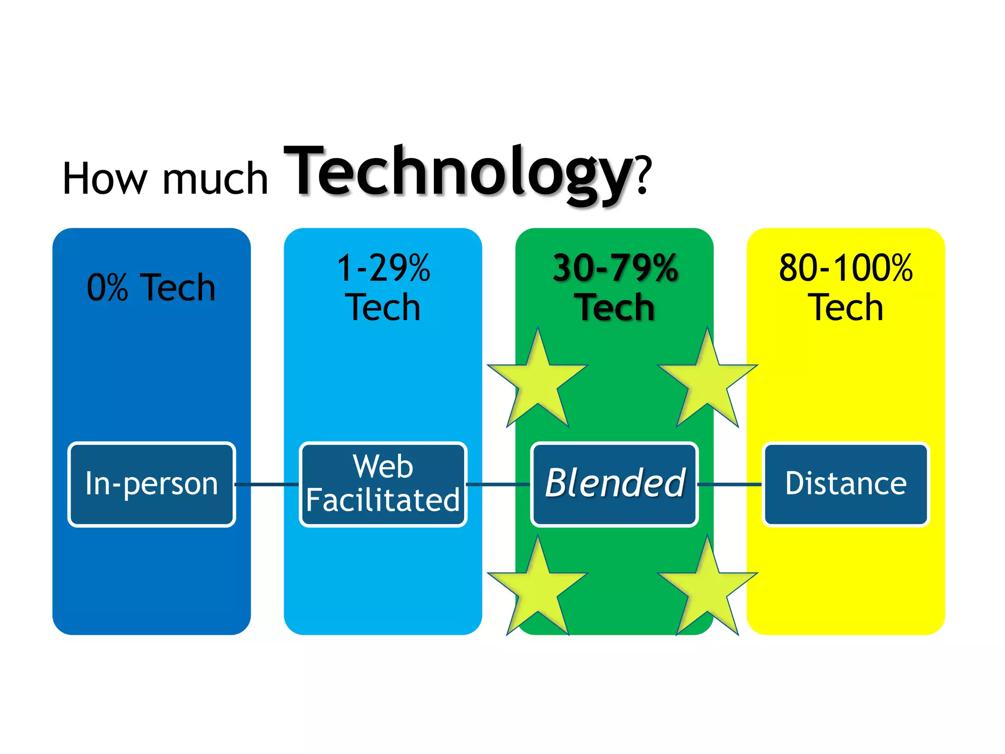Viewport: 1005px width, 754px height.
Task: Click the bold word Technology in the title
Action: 459,174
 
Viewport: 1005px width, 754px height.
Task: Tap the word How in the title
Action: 105,179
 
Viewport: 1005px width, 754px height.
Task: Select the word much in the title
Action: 215,179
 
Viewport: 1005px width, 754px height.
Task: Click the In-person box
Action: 152,484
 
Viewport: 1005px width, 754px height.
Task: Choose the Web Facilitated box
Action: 383,484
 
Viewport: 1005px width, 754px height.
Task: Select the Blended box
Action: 614,484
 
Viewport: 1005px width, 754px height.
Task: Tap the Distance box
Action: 846,484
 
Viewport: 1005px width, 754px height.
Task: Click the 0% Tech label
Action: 151,288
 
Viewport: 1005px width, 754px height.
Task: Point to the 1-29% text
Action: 383,269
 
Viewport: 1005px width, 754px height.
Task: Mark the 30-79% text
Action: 615,269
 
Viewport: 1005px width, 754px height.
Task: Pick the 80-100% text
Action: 846,269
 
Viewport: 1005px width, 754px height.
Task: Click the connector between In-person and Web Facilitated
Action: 267,485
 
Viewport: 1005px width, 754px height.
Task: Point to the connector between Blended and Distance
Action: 730,485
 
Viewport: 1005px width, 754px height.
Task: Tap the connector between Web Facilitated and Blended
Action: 499,485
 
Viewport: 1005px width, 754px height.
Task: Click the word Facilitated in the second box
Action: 383,500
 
